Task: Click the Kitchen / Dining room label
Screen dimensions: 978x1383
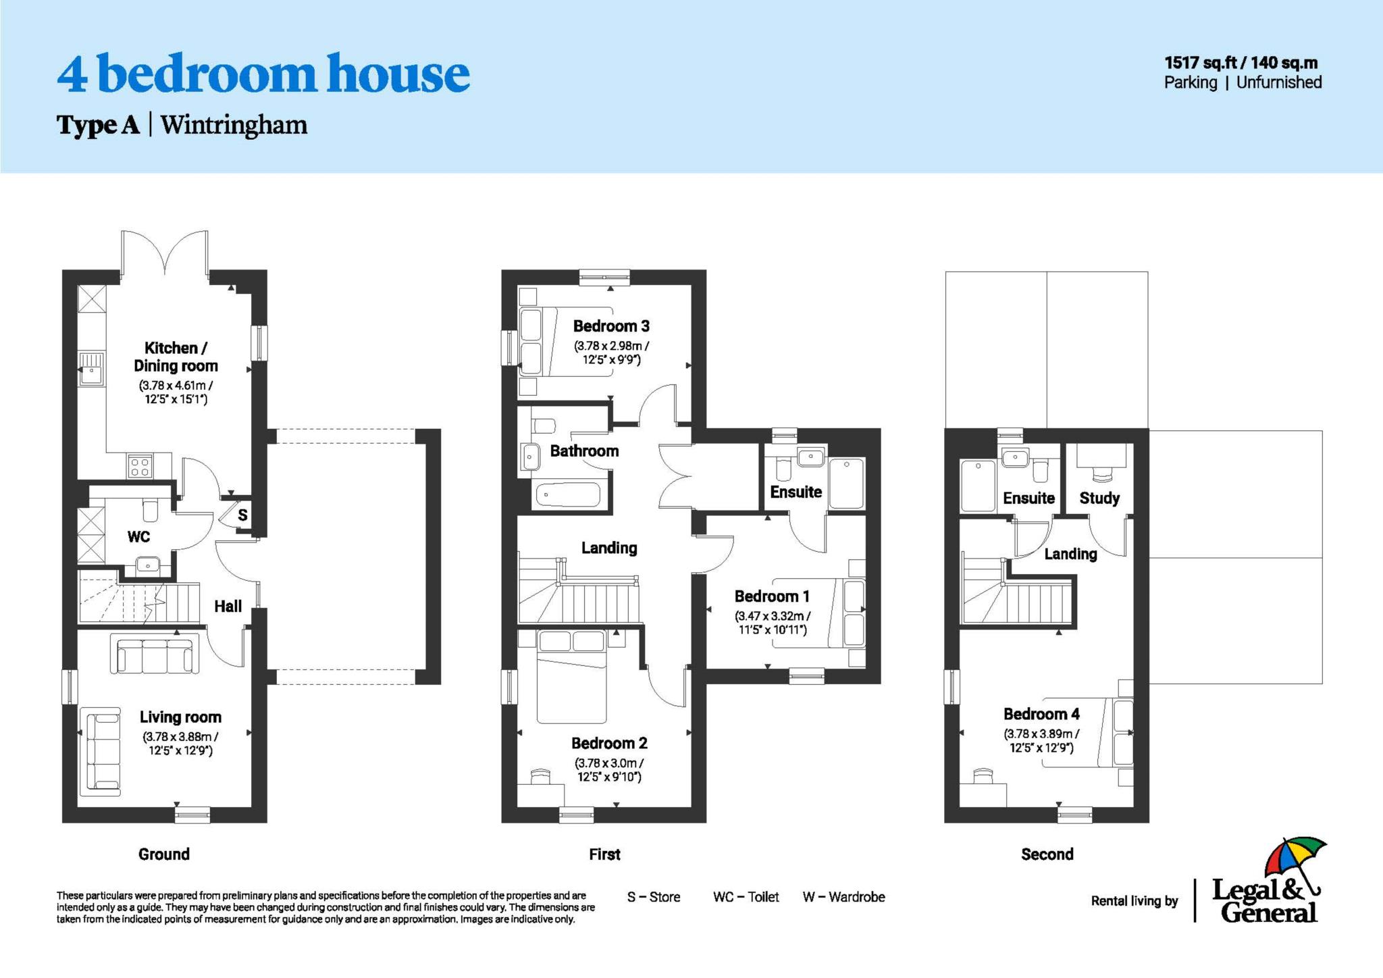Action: [x=176, y=357]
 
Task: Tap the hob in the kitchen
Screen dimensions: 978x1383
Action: [x=140, y=467]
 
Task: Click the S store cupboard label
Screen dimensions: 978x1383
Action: [x=242, y=515]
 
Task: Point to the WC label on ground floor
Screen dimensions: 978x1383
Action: [x=138, y=537]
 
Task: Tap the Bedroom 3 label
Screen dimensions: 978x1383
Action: [x=611, y=326]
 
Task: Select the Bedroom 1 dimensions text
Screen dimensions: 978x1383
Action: [x=772, y=623]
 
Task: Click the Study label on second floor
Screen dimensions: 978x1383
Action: [x=1099, y=498]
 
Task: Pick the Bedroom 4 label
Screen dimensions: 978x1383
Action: [x=1041, y=714]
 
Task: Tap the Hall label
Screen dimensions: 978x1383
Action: [x=228, y=607]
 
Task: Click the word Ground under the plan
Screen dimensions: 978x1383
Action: [x=163, y=854]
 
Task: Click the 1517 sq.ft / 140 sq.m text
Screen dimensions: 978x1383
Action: [x=1241, y=63]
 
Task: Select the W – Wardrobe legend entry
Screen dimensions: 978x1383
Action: [x=843, y=897]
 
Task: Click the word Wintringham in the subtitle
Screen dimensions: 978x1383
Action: [x=234, y=125]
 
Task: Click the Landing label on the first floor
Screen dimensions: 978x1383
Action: [x=609, y=548]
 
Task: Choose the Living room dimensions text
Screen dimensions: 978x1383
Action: [x=180, y=743]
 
